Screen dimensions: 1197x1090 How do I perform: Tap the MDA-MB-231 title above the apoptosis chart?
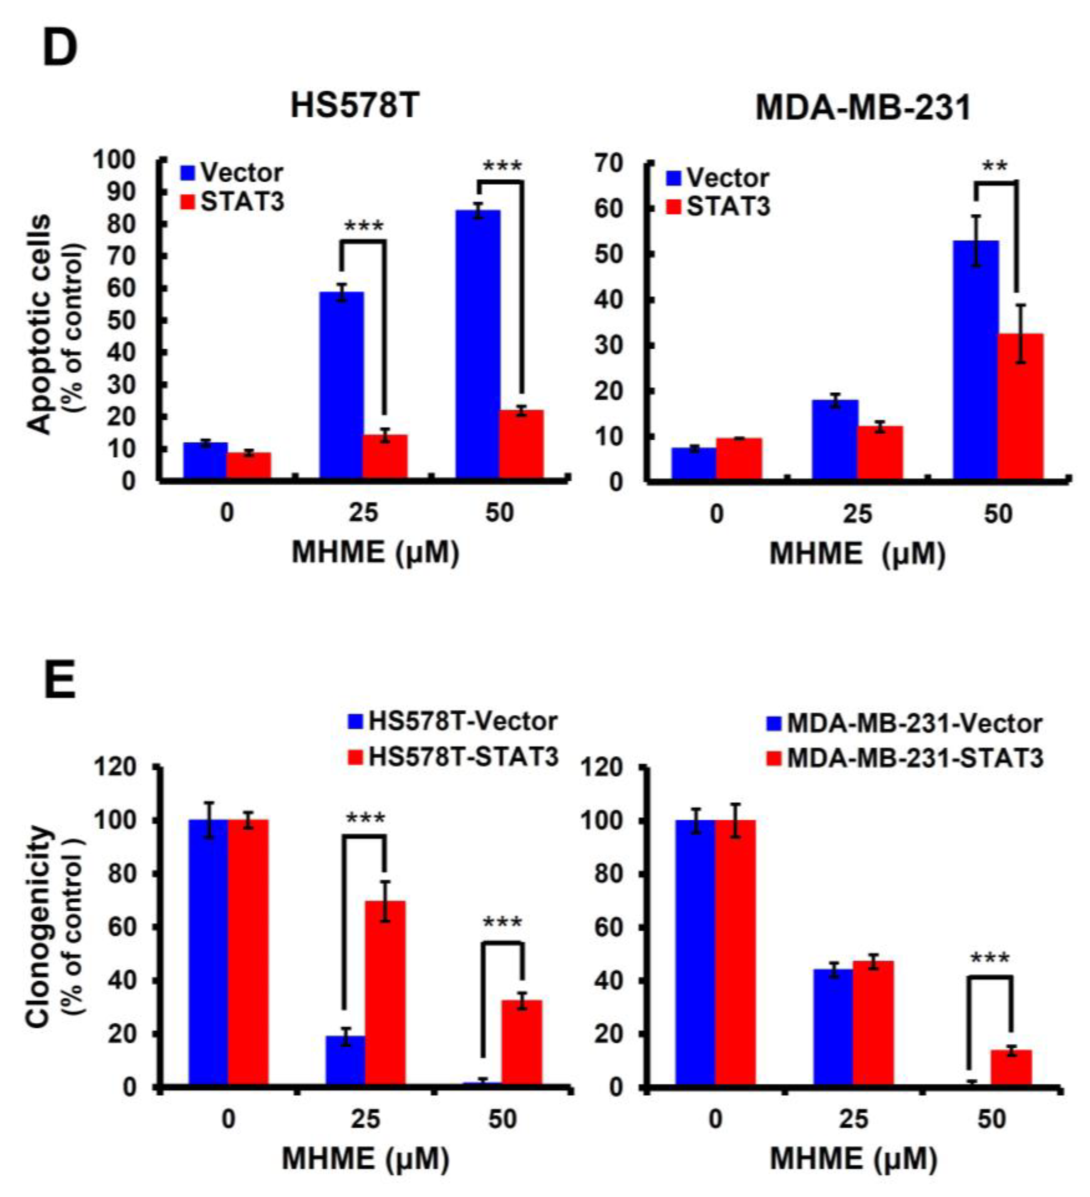pos(863,109)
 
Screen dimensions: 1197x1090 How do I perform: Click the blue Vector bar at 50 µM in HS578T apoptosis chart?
pos(478,344)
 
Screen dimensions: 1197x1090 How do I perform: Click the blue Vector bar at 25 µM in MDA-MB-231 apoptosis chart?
pos(835,440)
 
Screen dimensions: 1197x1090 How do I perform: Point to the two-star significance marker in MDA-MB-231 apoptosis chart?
pos(995,167)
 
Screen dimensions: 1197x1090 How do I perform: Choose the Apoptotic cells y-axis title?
pos(40,324)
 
